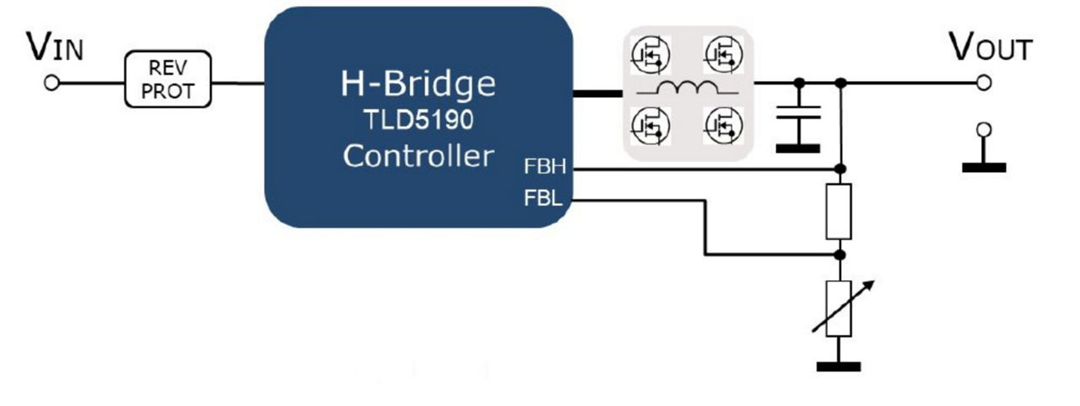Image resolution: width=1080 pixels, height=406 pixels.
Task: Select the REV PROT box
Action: point(168,80)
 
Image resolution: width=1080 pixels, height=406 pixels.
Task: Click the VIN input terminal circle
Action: point(51,83)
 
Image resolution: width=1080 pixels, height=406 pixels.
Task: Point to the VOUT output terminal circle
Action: point(983,83)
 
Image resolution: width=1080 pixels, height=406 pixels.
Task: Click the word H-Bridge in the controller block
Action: point(418,84)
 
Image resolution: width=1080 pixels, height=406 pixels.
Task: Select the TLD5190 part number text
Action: point(418,120)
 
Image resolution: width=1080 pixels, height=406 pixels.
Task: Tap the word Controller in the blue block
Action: point(418,156)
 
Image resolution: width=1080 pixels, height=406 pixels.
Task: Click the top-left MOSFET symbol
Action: point(650,56)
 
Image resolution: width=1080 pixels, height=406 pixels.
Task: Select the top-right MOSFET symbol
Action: point(722,56)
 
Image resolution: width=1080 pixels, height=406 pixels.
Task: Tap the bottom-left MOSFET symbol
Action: point(650,125)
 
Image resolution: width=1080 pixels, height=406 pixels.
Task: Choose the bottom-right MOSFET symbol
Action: point(722,125)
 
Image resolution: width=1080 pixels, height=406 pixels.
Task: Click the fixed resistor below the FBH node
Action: point(840,210)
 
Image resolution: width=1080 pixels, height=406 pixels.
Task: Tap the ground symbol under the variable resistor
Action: point(839,366)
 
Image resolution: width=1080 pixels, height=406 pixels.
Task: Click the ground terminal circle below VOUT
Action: point(983,130)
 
